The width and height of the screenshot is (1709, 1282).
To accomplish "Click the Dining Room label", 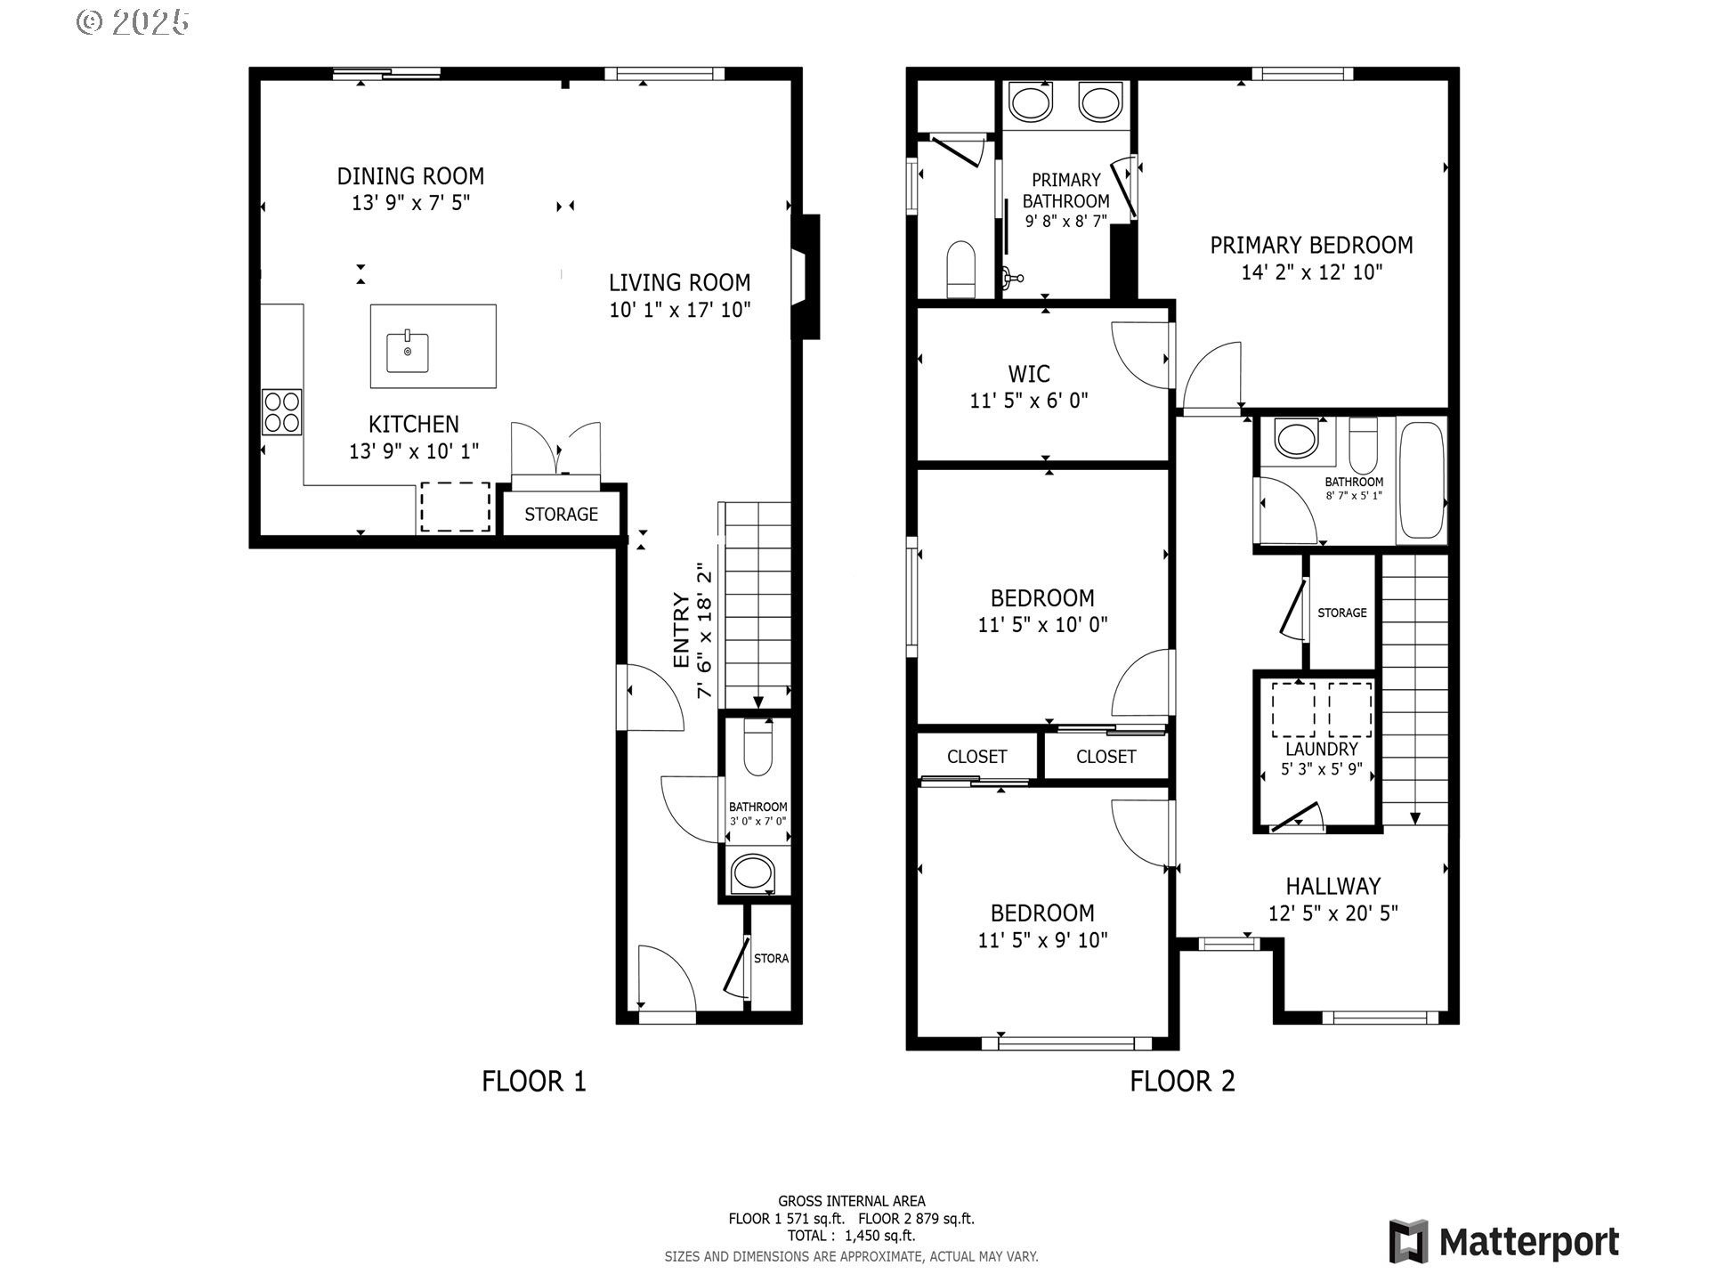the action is coord(410,175).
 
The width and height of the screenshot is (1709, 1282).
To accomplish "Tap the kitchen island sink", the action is coord(408,353).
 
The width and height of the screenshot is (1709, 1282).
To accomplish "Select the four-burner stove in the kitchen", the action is coord(281,412).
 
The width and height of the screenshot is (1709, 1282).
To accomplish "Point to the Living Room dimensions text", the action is coord(680,310).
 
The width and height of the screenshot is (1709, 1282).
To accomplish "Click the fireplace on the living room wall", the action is coord(805,277).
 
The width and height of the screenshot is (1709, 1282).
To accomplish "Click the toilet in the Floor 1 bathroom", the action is coord(757,750).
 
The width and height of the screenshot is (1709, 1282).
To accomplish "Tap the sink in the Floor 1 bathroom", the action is coord(753,874).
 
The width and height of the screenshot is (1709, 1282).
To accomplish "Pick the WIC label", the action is coord(1029,374).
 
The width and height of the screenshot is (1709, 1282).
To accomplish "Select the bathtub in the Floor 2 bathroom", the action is coord(1421,480).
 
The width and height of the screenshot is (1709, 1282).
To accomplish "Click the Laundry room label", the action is coord(1322,750).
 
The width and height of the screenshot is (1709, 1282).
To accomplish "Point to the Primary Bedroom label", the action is coord(1311,245).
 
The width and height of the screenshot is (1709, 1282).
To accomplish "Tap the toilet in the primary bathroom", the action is coord(961,268).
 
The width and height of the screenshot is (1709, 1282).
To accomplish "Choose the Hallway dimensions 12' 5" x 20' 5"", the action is coord(1333,913).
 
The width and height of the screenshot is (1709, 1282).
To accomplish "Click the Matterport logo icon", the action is coord(1408,1242).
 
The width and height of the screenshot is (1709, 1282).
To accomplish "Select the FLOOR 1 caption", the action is coord(534,1082).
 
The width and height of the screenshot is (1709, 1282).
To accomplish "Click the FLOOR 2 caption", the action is coord(1183,1082).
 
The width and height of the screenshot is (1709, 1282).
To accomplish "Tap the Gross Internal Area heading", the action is coord(852,1201).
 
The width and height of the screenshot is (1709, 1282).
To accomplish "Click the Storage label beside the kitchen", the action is coord(561,515).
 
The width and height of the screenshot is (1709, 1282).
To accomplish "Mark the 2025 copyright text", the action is coord(134,22).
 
